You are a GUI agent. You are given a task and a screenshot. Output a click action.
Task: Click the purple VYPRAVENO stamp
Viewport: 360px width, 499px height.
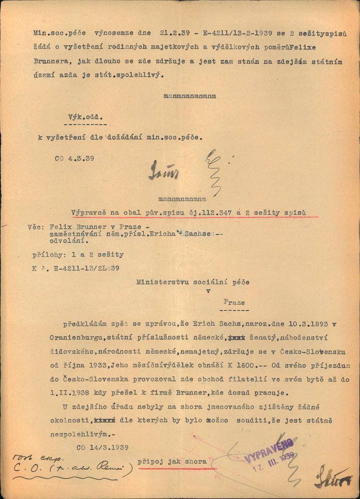tap(269, 453)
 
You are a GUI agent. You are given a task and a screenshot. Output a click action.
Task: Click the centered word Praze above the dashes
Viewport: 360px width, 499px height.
tap(234, 302)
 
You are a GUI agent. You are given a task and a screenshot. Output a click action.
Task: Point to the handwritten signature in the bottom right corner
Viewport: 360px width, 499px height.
tap(333, 478)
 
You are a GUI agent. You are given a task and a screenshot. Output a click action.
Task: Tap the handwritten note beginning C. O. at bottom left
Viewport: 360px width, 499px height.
tap(67, 469)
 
